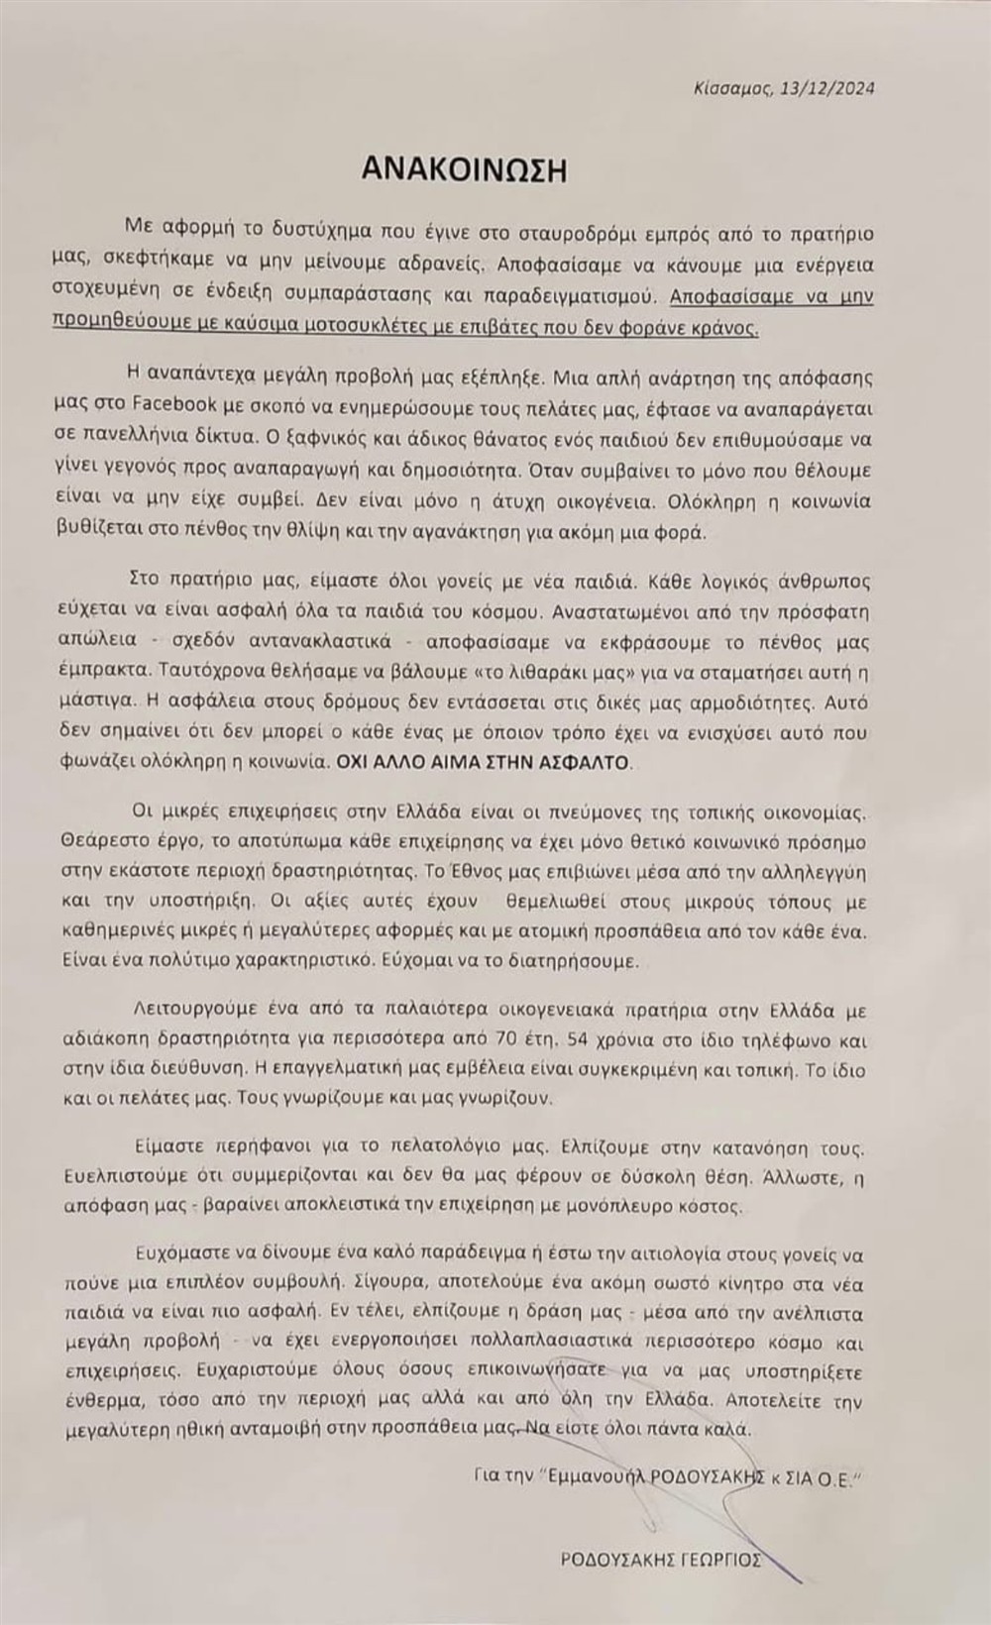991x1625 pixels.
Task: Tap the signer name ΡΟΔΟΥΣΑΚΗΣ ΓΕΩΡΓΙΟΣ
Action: tap(660, 1560)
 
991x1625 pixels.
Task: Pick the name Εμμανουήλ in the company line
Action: tap(592, 1477)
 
